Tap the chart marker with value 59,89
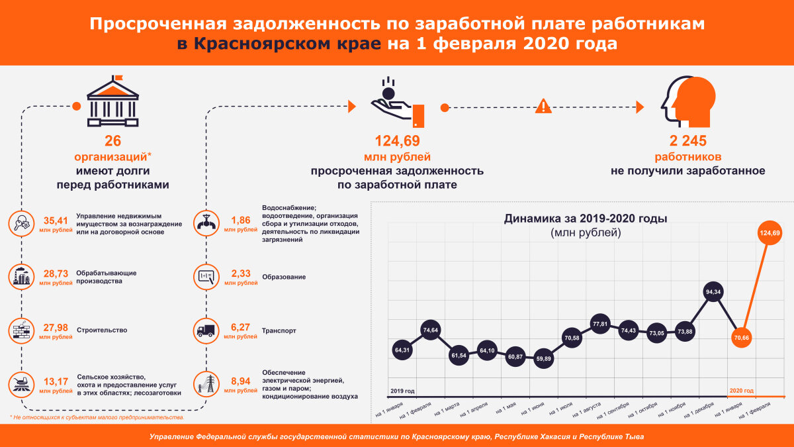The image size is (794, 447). pos(543,359)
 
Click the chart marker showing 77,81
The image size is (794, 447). pos(599,324)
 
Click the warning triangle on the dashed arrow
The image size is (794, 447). pos(543,106)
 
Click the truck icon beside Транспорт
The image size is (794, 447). pos(206,330)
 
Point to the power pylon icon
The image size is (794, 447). pos(206,385)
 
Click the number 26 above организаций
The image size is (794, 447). pos(113,141)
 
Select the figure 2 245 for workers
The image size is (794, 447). pos(688,141)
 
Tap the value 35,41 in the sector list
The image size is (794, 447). pos(56,221)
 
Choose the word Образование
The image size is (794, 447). pos(284,276)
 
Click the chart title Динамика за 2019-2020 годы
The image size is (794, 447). pos(586,218)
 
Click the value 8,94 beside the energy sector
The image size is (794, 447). pos(241,381)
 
